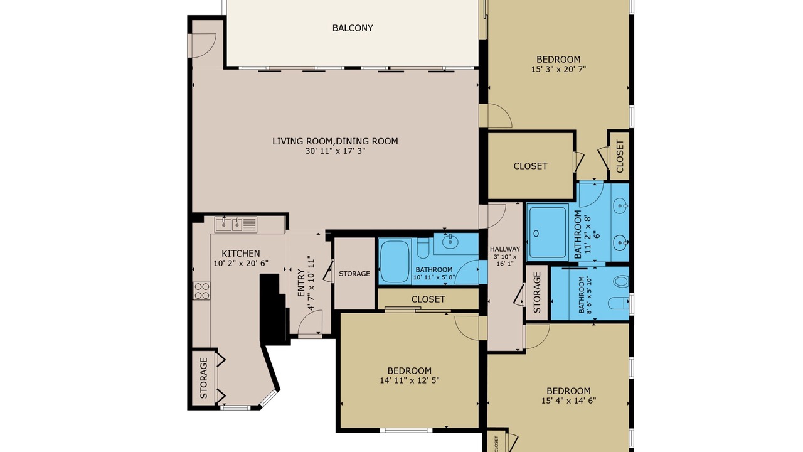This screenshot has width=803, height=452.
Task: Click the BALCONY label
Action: point(353,28)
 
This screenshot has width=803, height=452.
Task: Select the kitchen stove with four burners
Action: point(201,291)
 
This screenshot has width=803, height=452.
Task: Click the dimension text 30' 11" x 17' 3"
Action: point(335,151)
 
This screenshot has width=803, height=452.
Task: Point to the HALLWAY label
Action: point(505,249)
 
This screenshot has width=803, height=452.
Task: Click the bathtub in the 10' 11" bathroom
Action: point(395,262)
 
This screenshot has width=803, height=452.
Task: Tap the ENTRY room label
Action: point(301,283)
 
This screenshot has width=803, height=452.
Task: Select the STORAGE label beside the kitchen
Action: point(204,378)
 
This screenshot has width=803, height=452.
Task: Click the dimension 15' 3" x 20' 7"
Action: point(558,69)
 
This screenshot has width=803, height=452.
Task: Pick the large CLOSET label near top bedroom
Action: point(530,166)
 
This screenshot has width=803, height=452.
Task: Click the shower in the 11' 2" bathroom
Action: point(548,232)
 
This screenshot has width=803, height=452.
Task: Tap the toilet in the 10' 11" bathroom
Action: point(423,248)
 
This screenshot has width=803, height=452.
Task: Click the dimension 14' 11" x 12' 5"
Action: point(410,380)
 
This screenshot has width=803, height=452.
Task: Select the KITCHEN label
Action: point(240,254)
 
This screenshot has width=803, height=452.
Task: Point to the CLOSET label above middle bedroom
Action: point(428,299)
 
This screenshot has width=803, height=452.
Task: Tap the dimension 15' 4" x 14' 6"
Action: point(568,401)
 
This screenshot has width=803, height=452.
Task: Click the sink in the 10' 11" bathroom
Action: point(450,242)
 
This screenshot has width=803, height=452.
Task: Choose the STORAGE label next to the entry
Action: point(354,274)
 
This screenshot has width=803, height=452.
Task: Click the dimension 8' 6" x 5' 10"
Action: point(588,295)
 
